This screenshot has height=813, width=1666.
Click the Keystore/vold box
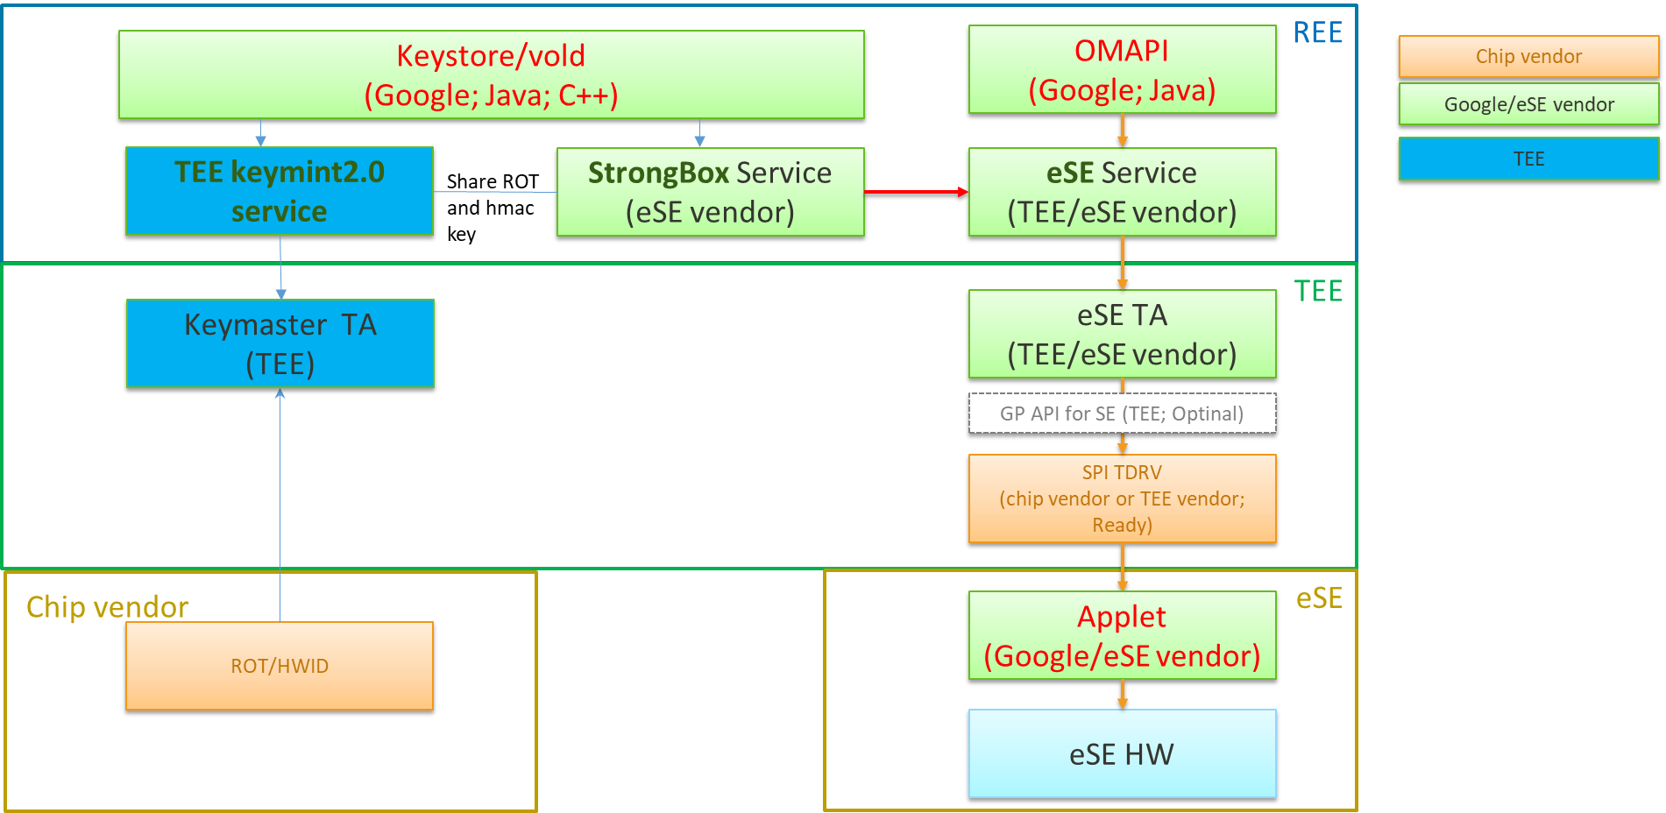491,74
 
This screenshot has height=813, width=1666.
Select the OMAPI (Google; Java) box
1122,69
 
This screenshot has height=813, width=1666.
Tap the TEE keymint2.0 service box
279,191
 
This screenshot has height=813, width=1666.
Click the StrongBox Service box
710,192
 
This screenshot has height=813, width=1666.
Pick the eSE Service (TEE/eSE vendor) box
1122,192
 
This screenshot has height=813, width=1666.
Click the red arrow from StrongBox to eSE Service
915,191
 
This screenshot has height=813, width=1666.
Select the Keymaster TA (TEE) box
280,343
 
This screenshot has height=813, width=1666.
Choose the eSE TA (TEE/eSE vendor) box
1122,334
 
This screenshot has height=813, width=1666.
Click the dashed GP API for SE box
1122,414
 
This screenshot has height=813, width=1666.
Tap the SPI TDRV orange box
1122,498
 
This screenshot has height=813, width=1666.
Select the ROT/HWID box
280,666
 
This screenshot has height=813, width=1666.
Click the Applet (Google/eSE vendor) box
1122,635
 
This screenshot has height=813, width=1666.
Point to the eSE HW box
1122,753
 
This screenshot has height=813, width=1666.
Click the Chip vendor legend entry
1528,56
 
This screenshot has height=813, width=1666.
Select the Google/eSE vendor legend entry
1528,104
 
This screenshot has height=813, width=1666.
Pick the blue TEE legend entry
1528,159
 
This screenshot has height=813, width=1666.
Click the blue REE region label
1317,32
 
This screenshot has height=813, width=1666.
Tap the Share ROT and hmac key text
491,208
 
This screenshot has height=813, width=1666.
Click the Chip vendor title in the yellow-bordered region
107,606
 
